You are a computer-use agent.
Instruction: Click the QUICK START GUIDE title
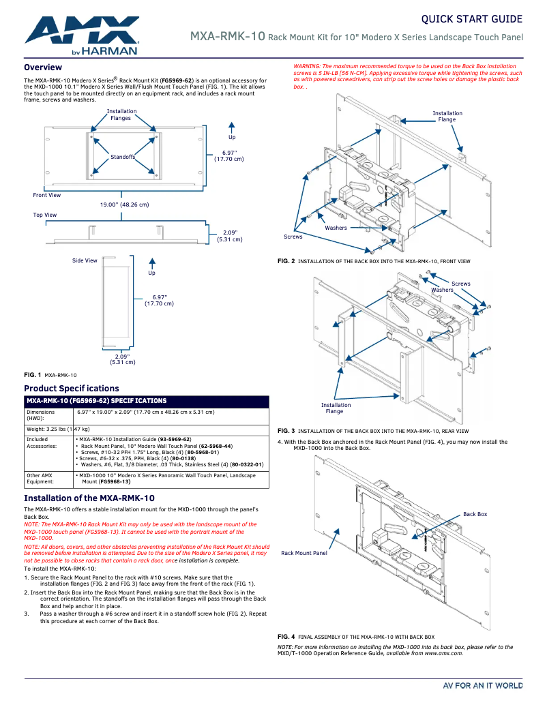click(471, 19)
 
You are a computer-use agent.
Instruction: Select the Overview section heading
click(43, 67)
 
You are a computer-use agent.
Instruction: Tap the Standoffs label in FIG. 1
click(123, 157)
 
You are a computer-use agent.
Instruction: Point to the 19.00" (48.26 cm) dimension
click(124, 205)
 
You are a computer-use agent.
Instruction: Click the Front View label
click(46, 196)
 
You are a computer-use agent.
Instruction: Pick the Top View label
click(45, 215)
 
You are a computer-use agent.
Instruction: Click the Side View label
click(85, 260)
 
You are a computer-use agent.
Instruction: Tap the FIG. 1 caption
click(50, 375)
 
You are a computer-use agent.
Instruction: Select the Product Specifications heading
click(61, 388)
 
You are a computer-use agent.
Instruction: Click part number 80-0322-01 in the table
click(247, 464)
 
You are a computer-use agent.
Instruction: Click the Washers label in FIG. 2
click(336, 228)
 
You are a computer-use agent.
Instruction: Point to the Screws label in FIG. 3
click(461, 284)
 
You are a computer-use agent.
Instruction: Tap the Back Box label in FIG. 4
click(475, 514)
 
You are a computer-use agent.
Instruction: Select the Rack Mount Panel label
click(304, 553)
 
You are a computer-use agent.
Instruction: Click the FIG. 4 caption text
click(355, 636)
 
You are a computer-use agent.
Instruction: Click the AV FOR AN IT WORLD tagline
click(483, 685)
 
